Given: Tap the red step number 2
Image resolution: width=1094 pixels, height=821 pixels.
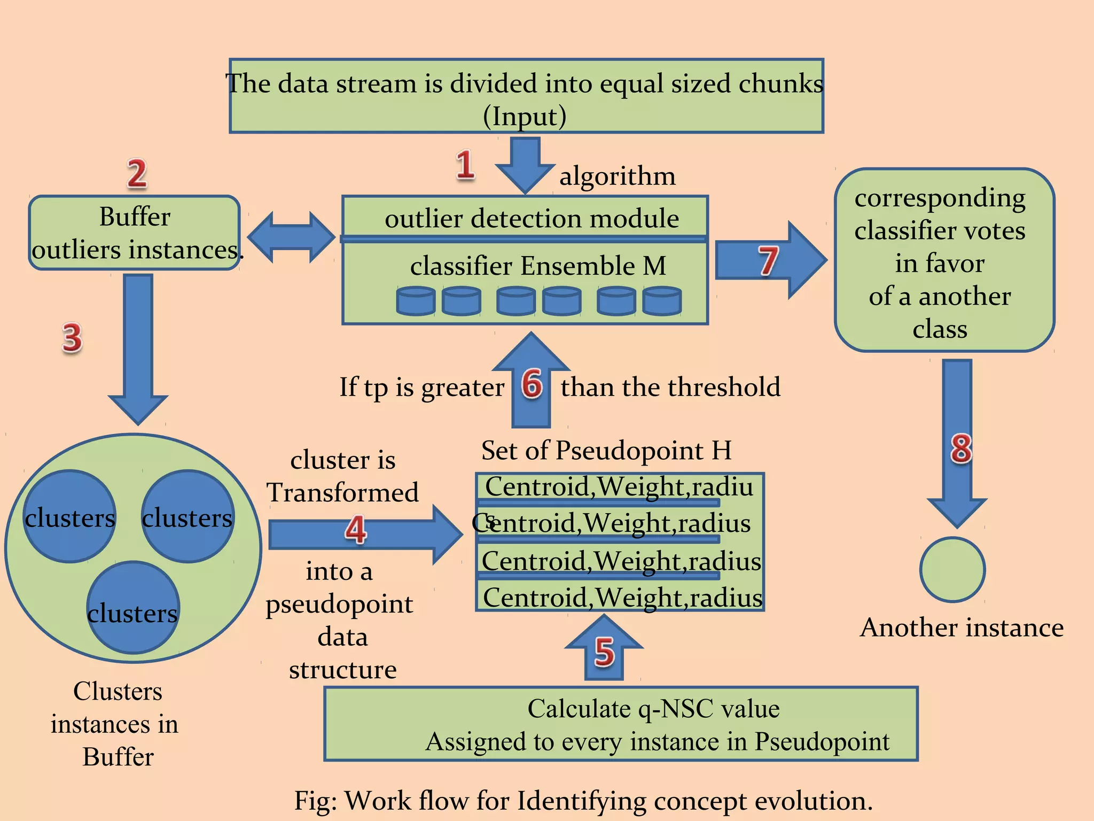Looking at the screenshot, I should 137,174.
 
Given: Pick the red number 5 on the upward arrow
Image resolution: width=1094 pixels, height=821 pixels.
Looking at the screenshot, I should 604,652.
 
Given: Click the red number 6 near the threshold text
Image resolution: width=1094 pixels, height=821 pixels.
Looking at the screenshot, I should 532,384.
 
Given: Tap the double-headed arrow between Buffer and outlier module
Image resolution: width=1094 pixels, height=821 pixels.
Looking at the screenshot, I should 291,237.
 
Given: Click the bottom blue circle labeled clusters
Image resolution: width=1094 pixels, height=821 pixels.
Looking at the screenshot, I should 132,608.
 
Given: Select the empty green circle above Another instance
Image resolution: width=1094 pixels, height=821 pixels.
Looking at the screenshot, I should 952,569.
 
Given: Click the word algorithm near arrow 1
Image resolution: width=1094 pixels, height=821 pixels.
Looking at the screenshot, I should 617,176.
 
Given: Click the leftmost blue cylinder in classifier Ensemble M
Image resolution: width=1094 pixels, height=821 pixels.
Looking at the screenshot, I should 416,301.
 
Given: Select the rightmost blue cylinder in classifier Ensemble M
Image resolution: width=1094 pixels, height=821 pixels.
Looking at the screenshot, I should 662,301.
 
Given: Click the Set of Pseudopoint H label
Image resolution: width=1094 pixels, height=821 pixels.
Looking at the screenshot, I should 606,450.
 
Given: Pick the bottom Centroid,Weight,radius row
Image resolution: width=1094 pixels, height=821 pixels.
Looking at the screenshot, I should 622,597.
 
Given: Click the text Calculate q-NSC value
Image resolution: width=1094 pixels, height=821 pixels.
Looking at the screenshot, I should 653,709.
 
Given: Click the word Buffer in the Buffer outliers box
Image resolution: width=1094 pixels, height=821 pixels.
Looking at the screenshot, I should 135,217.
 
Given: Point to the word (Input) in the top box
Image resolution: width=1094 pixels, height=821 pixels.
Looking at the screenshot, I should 525,116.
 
